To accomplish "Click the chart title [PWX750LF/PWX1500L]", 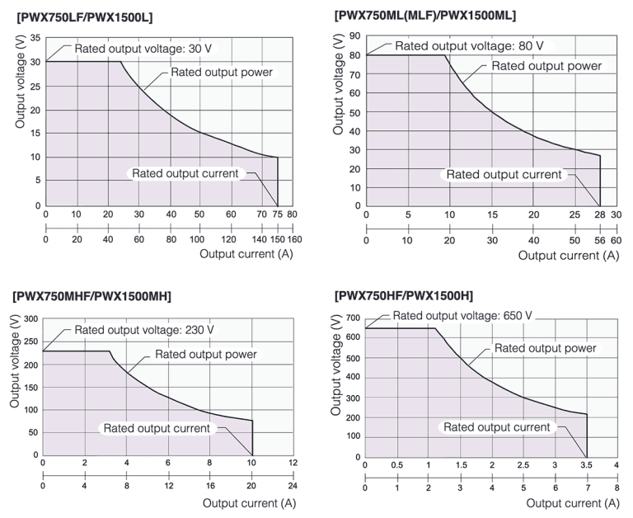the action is [x=85, y=17].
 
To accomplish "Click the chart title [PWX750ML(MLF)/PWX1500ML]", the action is [x=425, y=16].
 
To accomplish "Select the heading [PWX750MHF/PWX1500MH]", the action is [x=92, y=296].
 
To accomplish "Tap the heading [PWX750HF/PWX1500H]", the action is [x=404, y=296].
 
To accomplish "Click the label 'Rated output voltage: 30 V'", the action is [x=143, y=49].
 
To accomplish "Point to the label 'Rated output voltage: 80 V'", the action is [x=469, y=46].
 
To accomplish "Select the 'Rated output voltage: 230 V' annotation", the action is [x=144, y=330].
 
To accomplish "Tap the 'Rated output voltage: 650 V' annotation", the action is [x=462, y=316].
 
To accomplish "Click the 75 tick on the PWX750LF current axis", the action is [x=278, y=214].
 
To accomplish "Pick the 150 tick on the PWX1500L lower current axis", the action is [x=278, y=239].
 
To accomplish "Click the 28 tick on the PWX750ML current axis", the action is [x=600, y=214].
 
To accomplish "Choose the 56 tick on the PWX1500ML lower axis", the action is [x=600, y=240].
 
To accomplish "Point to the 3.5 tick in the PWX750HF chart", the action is [x=586, y=465].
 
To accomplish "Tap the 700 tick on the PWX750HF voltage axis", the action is [x=353, y=318].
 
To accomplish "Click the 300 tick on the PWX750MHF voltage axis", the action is [x=30, y=318].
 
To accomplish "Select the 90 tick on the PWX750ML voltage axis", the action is [x=355, y=36].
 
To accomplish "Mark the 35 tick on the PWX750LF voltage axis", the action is [x=35, y=38].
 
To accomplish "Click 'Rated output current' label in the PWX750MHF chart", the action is [x=157, y=428].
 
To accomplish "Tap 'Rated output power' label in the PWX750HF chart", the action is [x=546, y=348].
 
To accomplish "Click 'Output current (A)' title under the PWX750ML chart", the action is [x=569, y=256].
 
